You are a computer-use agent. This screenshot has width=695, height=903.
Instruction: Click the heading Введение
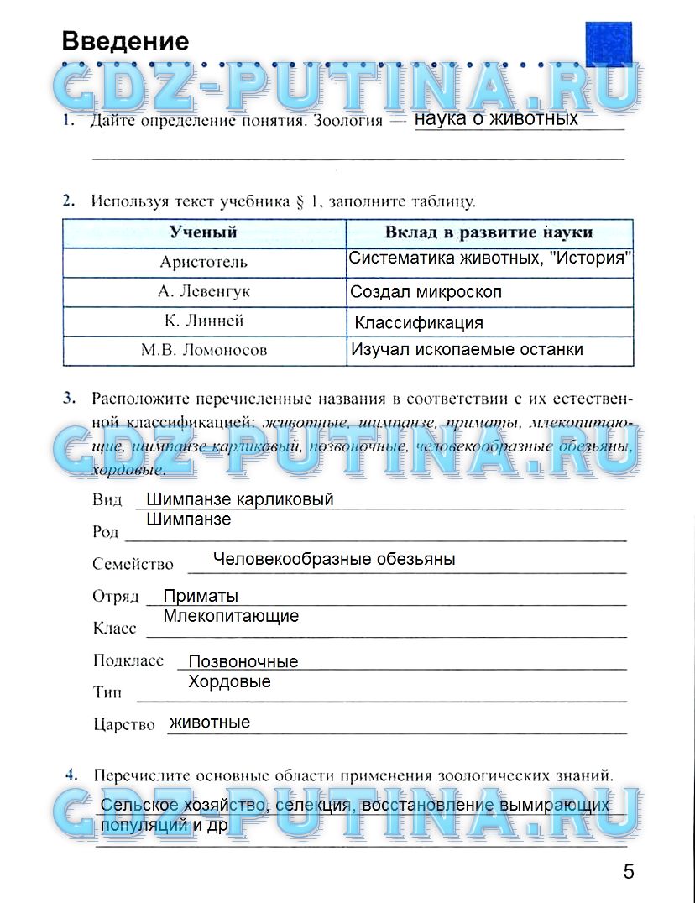(126, 41)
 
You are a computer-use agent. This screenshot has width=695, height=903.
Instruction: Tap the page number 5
(629, 871)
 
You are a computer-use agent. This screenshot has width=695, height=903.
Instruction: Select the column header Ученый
(203, 232)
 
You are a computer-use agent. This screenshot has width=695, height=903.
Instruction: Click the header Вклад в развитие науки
(489, 232)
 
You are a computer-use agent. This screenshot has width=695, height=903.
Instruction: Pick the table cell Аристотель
(203, 262)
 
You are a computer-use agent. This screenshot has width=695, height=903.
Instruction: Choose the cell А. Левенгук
(203, 292)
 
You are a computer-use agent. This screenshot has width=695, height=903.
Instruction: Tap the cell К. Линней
(203, 321)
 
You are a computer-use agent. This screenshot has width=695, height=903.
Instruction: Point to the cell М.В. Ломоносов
(203, 351)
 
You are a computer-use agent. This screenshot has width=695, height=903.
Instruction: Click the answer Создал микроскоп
(426, 292)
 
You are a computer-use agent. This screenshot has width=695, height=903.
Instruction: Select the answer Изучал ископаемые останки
(467, 350)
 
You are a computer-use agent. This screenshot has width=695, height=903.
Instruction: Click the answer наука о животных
(496, 118)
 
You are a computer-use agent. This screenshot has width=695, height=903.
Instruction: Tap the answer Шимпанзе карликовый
(239, 499)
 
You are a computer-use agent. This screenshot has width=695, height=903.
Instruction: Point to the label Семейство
(133, 565)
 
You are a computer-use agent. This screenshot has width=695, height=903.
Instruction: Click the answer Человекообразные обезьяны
(334, 559)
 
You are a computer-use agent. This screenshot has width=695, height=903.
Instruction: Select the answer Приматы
(201, 596)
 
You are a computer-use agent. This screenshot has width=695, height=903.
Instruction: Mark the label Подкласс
(128, 661)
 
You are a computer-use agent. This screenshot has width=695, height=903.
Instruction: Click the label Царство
(123, 724)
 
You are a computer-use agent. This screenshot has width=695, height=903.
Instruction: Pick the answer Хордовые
(229, 681)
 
